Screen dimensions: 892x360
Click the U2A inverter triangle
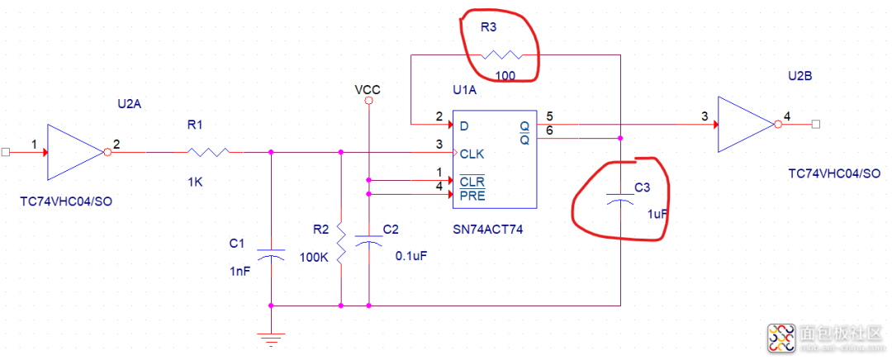click(75, 152)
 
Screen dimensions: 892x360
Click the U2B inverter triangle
click(745, 124)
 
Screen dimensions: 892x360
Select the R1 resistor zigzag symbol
click(208, 152)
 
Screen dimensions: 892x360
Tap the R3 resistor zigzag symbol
click(501, 55)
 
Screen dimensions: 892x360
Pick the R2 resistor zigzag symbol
click(341, 243)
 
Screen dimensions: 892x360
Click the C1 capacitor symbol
click(271, 253)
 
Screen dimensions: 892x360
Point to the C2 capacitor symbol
click(368, 239)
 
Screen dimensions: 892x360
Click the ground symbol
click(271, 339)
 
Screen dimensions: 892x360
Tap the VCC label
click(368, 90)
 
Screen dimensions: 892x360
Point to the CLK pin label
click(472, 154)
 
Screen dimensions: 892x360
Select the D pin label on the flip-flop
click(464, 126)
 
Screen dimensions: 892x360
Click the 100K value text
click(314, 257)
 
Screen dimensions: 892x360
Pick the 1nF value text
click(240, 271)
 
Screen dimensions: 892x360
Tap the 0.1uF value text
click(411, 256)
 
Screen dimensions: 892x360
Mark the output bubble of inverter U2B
click(777, 124)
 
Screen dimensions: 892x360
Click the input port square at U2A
click(6, 152)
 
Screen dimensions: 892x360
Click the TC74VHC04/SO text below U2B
click(835, 173)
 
